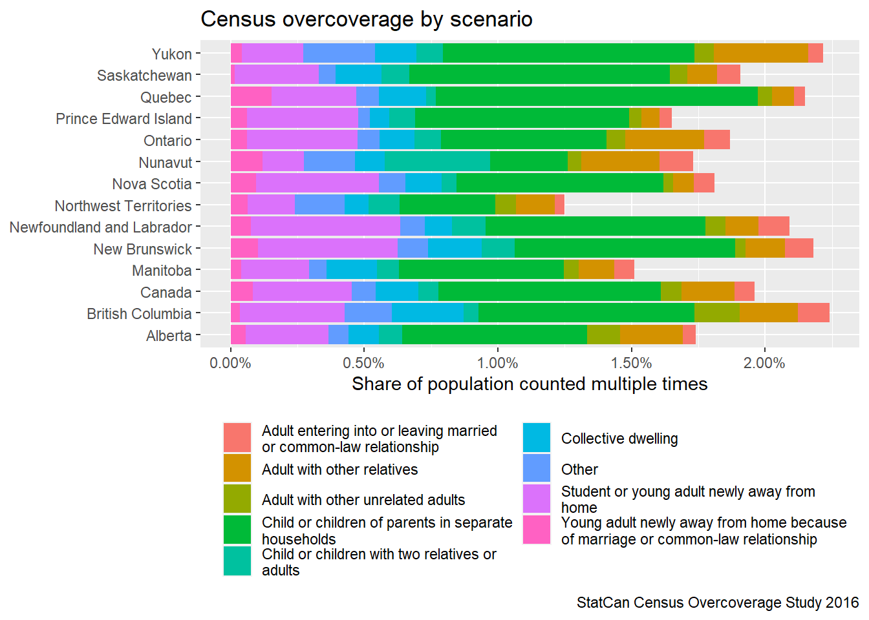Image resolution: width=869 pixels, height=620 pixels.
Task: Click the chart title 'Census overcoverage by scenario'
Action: [x=366, y=19]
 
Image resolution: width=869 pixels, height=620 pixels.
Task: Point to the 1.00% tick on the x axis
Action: [x=497, y=363]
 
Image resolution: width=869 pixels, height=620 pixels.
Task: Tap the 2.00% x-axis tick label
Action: [x=764, y=363]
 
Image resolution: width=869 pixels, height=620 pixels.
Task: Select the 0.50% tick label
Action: [x=363, y=363]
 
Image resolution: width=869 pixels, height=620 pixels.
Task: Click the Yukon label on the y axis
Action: [x=171, y=54]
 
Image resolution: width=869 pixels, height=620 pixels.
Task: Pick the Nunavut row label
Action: [x=165, y=163]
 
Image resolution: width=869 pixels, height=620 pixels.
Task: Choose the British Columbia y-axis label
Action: [x=139, y=314]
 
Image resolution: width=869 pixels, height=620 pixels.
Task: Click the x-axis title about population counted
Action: [x=529, y=384]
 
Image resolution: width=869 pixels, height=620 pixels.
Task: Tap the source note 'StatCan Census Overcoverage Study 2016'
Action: [x=718, y=603]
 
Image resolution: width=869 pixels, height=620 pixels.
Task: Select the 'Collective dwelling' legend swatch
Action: [x=537, y=438]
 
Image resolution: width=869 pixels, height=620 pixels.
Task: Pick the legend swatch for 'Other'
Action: [x=537, y=469]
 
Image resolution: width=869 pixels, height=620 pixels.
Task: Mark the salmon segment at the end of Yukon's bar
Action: [x=815, y=54]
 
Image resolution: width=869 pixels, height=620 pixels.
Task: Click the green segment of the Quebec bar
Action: [x=596, y=97]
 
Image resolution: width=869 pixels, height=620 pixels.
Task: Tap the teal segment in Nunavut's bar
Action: [x=437, y=161]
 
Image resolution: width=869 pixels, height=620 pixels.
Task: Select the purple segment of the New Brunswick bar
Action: [x=328, y=249]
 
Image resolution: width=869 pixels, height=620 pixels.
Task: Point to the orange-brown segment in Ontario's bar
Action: [x=665, y=140]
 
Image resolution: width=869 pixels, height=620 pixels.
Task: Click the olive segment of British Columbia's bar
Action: [x=716, y=313]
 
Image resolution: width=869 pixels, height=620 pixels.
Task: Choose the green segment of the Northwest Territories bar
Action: [x=447, y=205]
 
